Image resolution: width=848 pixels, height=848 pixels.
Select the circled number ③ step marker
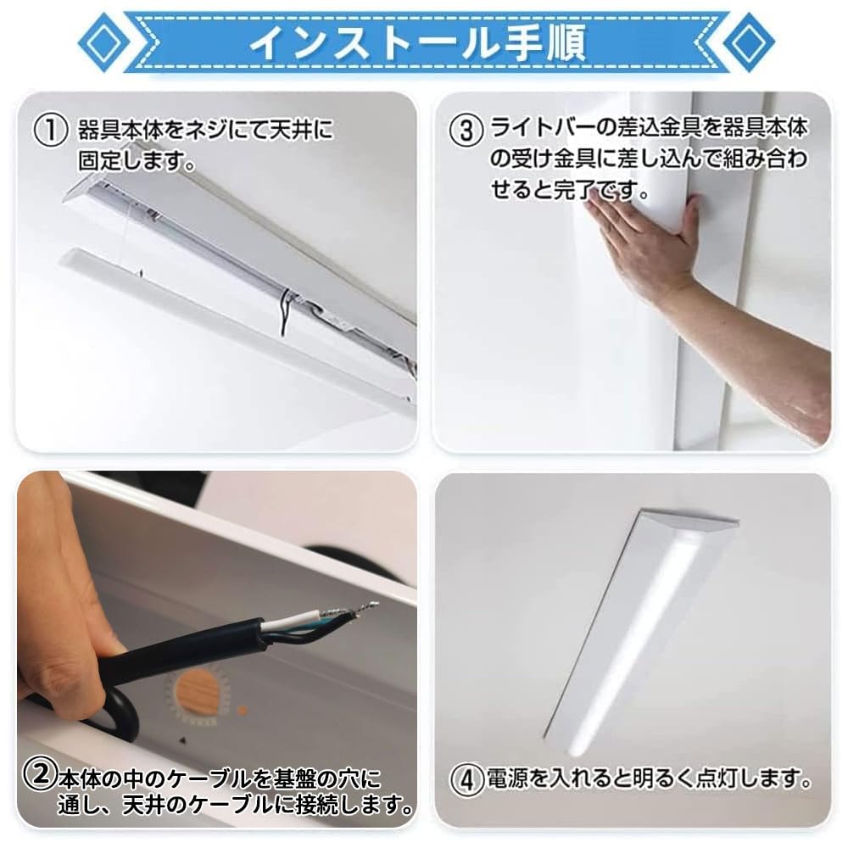(466, 131)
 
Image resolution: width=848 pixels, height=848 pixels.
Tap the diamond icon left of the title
(103, 42)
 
